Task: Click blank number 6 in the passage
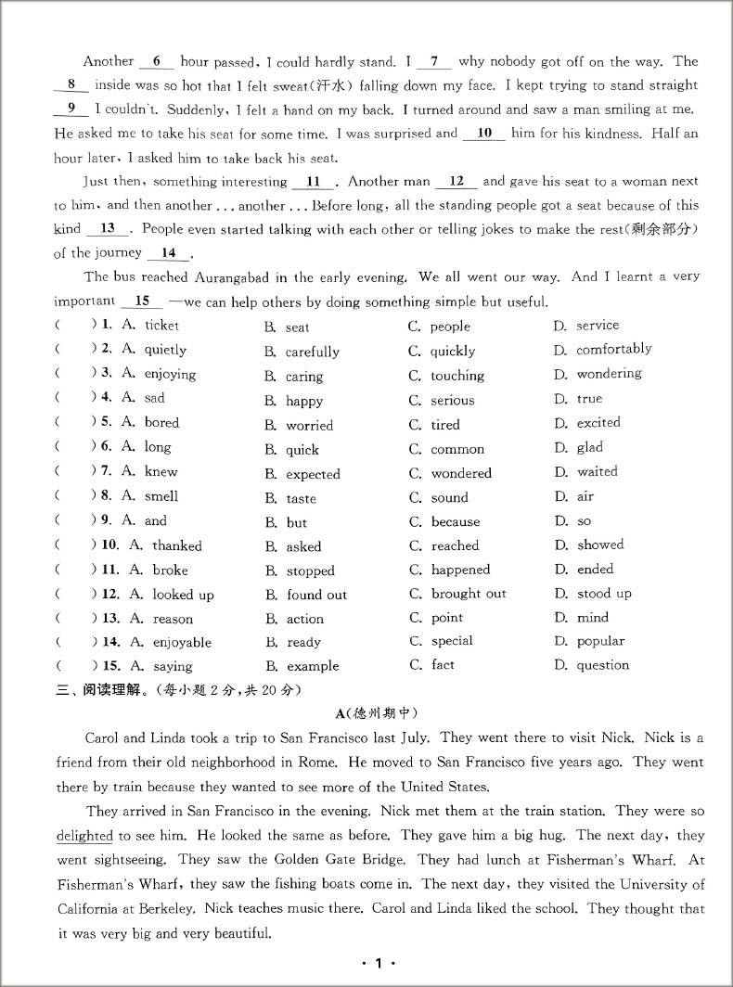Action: click(x=156, y=62)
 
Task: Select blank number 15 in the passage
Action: click(x=142, y=301)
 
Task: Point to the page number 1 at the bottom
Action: click(x=378, y=964)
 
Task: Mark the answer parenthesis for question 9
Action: click(x=75, y=520)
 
